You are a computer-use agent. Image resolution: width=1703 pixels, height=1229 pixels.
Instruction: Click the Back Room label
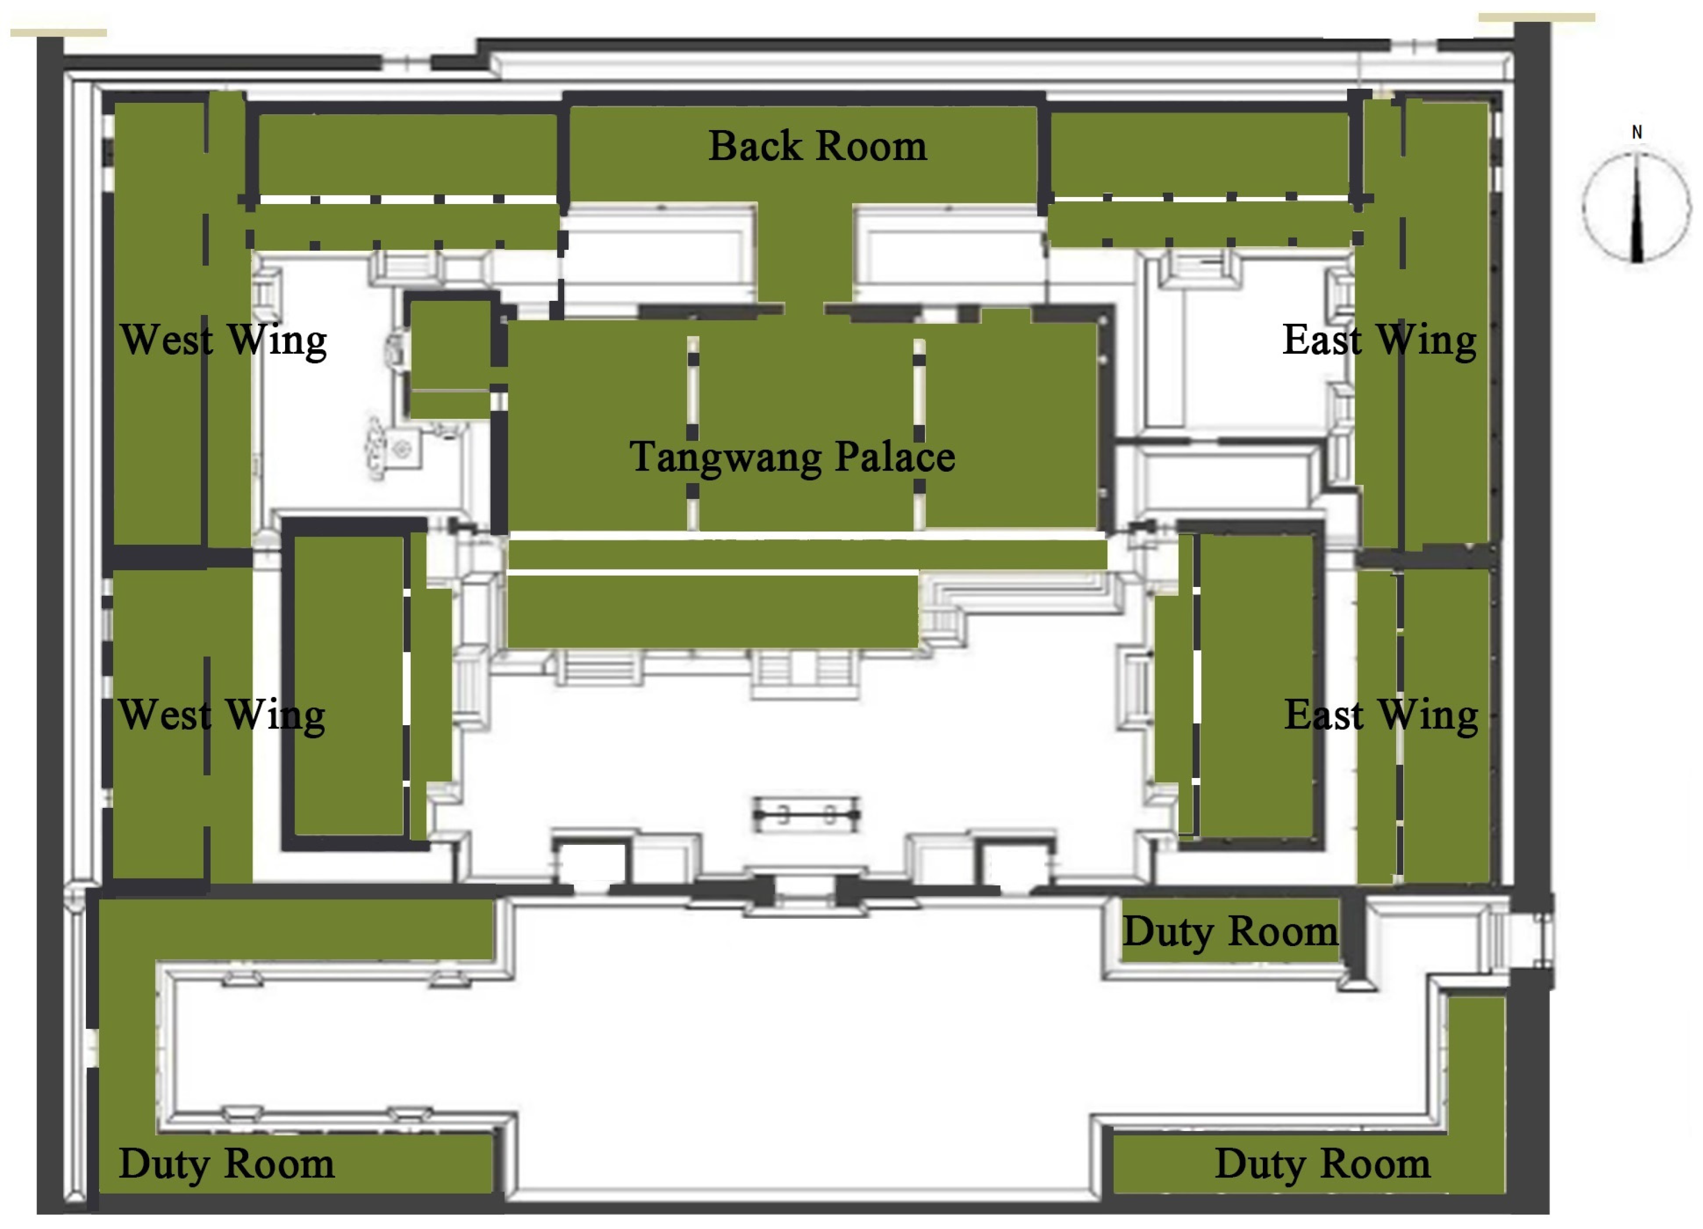point(817,146)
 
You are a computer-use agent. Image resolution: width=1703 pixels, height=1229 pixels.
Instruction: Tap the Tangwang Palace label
point(792,456)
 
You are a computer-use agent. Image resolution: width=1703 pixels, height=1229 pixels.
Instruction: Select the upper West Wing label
point(223,340)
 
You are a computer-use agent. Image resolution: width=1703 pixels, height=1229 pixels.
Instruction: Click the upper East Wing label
point(1379,340)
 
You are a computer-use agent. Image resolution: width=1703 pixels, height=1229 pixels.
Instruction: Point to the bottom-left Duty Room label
point(226,1164)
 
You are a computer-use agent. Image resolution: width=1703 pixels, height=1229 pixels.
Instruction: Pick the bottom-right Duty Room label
point(1322,1164)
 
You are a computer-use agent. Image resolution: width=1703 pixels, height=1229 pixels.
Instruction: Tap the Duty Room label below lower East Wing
point(1229,932)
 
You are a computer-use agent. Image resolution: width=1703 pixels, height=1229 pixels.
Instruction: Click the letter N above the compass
point(1637,132)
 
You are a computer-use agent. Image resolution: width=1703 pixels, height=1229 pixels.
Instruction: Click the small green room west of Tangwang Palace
point(449,345)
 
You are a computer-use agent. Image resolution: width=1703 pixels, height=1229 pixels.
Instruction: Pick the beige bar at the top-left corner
point(59,32)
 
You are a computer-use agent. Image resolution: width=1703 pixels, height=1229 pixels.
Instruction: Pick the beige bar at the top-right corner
point(1537,16)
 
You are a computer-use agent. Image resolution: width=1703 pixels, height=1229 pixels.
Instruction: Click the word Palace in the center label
point(895,456)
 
